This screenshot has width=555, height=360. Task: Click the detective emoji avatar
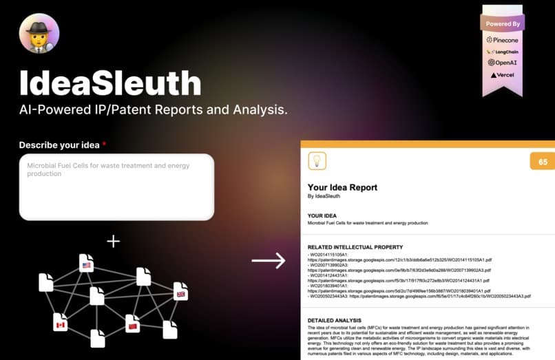coord(39,34)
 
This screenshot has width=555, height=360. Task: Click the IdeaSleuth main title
coord(110,83)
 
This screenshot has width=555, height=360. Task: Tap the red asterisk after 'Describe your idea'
coord(105,145)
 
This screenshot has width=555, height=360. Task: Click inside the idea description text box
coord(116,187)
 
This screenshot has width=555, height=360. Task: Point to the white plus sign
coord(113,241)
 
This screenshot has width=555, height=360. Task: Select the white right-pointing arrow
coord(268,260)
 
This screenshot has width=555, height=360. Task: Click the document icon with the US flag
coord(86,263)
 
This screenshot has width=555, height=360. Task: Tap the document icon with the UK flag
coord(180,291)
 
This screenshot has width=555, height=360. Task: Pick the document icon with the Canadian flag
coord(61,321)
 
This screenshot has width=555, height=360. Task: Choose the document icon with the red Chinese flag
coord(132,322)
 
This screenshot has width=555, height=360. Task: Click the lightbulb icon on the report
coord(317,162)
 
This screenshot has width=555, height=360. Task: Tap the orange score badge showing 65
coord(543,162)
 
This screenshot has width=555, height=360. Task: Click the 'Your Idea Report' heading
coord(342,187)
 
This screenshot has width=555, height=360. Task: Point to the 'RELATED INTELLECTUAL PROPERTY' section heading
coord(355,247)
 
